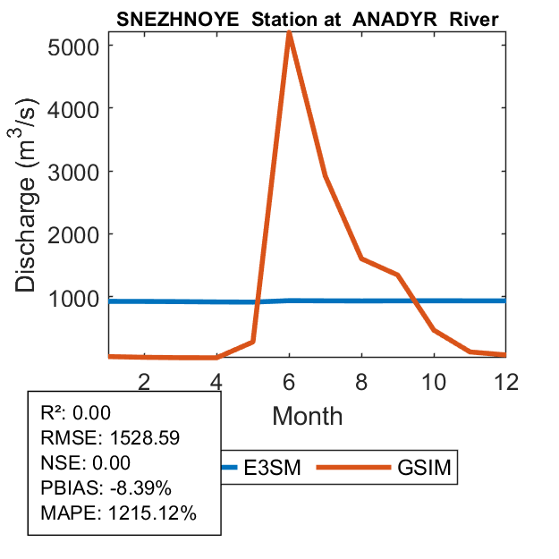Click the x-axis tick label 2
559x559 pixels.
coord(144,380)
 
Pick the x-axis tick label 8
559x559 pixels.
coord(361,380)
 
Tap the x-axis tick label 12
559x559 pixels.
coord(505,380)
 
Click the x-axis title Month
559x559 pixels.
coord(307,415)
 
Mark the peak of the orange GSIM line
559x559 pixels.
coord(289,33)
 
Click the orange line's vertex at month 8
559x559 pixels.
coord(361,258)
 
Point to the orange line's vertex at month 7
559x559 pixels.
coord(326,176)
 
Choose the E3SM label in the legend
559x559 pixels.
coord(274,467)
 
